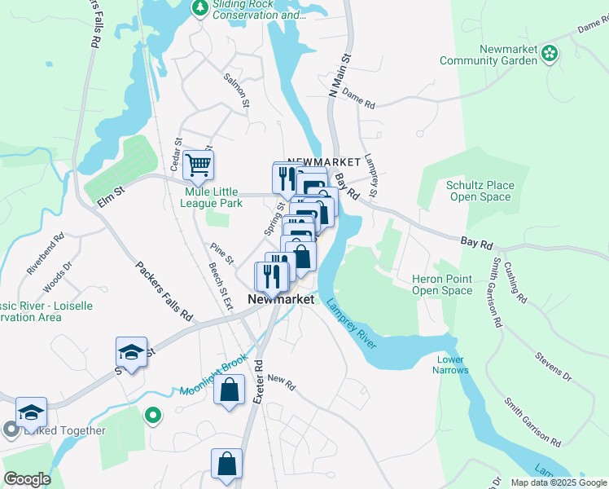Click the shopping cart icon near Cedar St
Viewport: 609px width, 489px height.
tap(198, 165)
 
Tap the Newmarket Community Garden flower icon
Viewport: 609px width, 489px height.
tap(550, 54)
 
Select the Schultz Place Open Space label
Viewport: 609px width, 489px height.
tap(480, 191)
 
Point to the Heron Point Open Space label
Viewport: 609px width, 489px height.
tap(441, 284)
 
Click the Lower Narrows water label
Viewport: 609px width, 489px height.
tap(451, 364)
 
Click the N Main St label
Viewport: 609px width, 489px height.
tap(338, 76)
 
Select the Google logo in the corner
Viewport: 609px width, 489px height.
tap(27, 479)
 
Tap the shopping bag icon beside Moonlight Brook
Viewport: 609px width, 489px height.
tap(230, 389)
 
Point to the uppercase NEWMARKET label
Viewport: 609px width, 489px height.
tap(323, 161)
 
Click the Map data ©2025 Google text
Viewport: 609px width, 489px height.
tap(559, 482)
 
